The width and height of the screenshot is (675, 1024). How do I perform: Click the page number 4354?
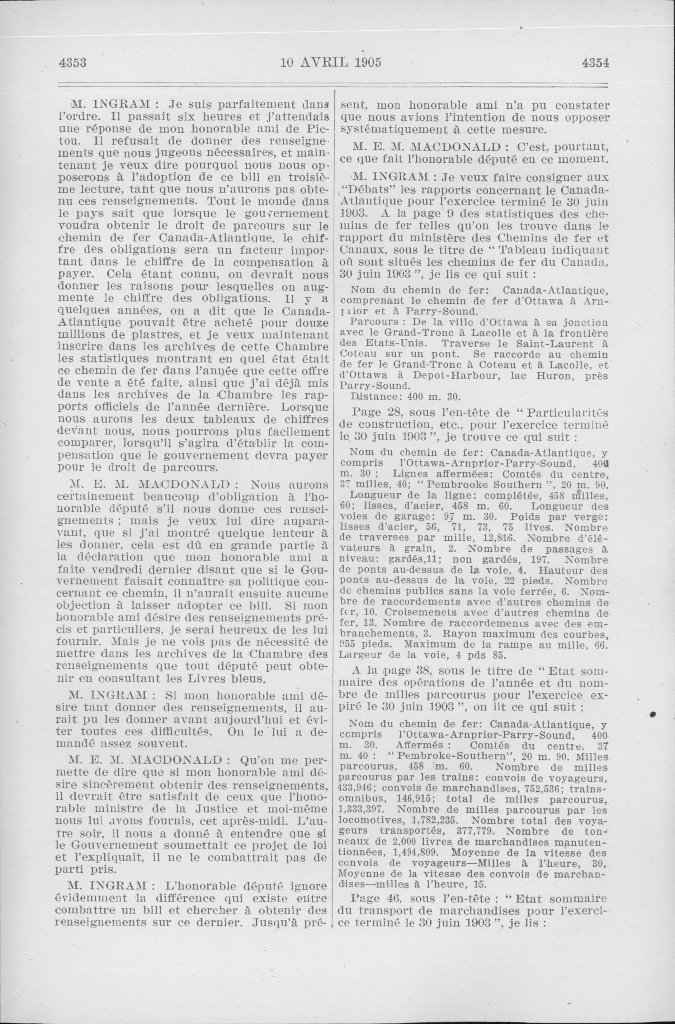[x=596, y=62]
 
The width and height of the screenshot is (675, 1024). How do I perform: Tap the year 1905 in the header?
[x=366, y=62]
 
